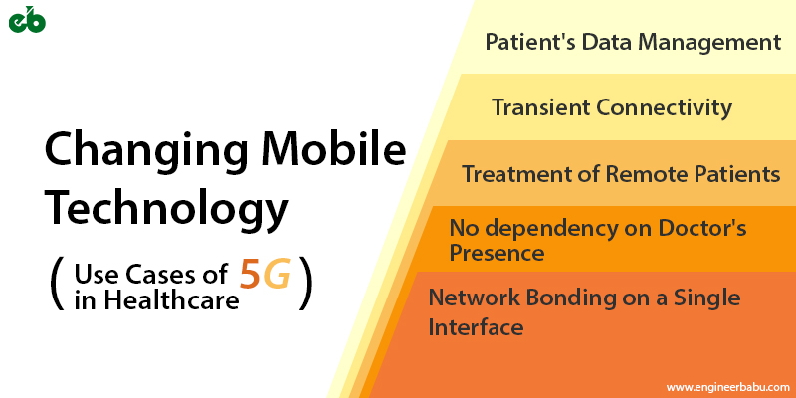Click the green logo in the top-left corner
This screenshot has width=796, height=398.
click(27, 20)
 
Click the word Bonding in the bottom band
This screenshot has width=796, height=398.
click(558, 298)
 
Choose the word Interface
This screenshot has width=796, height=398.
click(475, 327)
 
